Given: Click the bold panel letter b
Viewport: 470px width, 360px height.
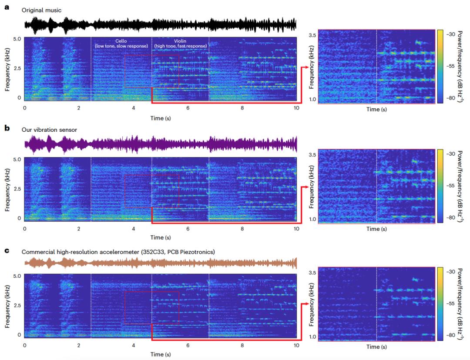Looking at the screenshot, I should [7, 129].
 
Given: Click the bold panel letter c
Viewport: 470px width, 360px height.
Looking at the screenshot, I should [7, 250].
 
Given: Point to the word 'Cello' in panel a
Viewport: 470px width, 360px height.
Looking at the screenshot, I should [121, 41].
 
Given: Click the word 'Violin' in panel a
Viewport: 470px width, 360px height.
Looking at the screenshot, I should [180, 41].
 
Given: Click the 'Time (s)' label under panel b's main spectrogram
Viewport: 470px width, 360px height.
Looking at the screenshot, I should [160, 237].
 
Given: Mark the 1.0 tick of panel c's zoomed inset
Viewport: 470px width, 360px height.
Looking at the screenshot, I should [312, 337].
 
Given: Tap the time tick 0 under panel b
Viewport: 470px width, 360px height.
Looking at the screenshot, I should [24, 228].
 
